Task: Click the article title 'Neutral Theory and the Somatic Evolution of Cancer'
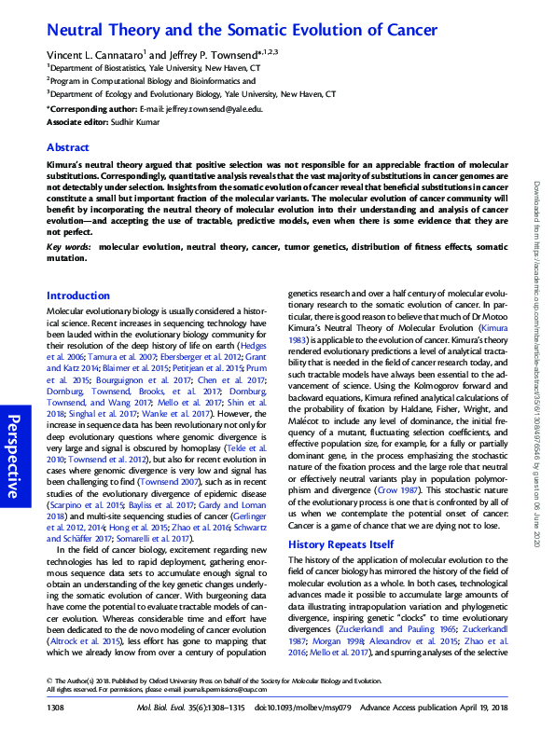click(242, 30)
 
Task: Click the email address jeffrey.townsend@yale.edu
click(208, 108)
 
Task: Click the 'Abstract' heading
click(68, 147)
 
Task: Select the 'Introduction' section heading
click(77, 295)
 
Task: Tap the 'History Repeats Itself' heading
click(340, 543)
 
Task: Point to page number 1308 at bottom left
click(57, 709)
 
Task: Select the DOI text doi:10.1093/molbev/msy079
click(323, 709)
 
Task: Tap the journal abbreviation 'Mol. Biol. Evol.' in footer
click(183, 709)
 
